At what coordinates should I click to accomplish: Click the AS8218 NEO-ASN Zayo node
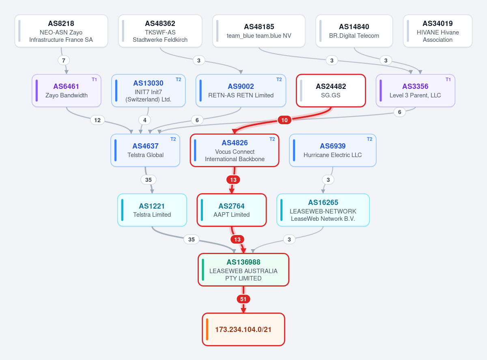pyautogui.click(x=61, y=31)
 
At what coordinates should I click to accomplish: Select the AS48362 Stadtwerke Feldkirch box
pyautogui.click(x=160, y=31)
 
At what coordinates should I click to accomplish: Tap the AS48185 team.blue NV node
pyautogui.click(x=259, y=31)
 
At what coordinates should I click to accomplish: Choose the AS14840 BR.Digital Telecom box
pyautogui.click(x=354, y=31)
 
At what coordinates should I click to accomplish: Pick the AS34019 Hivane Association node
pyautogui.click(x=437, y=31)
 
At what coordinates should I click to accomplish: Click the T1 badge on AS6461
pyautogui.click(x=94, y=80)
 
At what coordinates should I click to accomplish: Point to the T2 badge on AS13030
pyautogui.click(x=178, y=80)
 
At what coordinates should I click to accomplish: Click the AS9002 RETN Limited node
pyautogui.click(x=241, y=91)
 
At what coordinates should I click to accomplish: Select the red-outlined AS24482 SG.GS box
pyautogui.click(x=331, y=91)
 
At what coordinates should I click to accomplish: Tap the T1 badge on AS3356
pyautogui.click(x=448, y=80)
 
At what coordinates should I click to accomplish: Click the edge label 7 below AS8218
pyautogui.click(x=64, y=60)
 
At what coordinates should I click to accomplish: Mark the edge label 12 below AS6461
pyautogui.click(x=97, y=120)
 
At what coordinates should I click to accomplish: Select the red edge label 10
pyautogui.click(x=284, y=120)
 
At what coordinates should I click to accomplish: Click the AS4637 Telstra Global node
pyautogui.click(x=145, y=151)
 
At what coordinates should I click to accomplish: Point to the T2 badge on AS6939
pyautogui.click(x=369, y=139)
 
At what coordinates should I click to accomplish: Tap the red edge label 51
pyautogui.click(x=243, y=299)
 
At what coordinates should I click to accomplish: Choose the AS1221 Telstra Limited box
pyautogui.click(x=152, y=210)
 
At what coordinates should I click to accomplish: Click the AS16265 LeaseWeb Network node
pyautogui.click(x=323, y=210)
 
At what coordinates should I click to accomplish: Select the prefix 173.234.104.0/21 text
pyautogui.click(x=243, y=330)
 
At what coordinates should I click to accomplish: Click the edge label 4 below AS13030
pyautogui.click(x=145, y=120)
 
